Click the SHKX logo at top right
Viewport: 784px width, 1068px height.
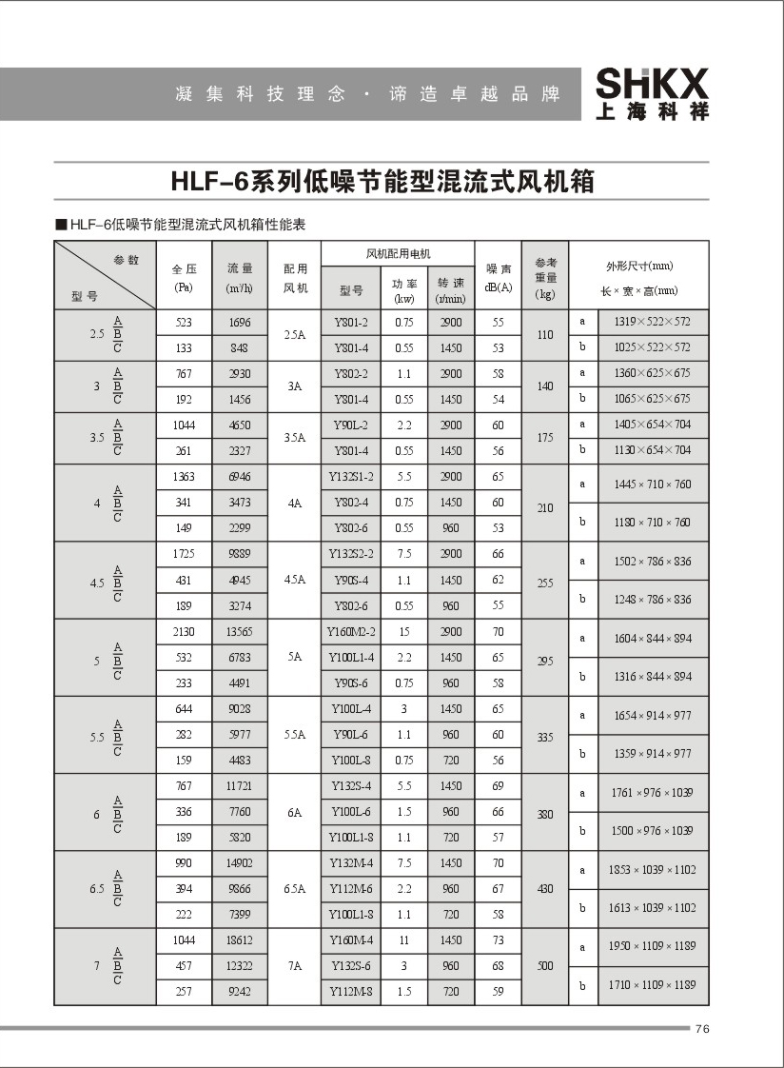pos(652,94)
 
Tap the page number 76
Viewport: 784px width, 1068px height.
pos(703,1028)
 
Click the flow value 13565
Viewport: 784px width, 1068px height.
pos(240,631)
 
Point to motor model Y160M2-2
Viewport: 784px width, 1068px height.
pos(351,631)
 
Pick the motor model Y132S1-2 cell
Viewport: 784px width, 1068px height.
pos(351,476)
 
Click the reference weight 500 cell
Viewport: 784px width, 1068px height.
pos(544,965)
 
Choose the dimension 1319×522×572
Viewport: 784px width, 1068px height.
pos(651,322)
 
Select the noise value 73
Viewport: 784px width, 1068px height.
pos(498,940)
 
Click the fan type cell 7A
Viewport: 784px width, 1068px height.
pos(295,965)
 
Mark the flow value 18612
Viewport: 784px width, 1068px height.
pos(240,940)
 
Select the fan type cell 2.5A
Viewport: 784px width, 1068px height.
pos(295,335)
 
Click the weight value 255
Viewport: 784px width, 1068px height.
pos(544,580)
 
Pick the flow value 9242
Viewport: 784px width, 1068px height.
pos(240,991)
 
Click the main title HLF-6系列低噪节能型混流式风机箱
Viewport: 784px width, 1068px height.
pos(382,181)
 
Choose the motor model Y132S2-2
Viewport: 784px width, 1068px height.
pos(351,553)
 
